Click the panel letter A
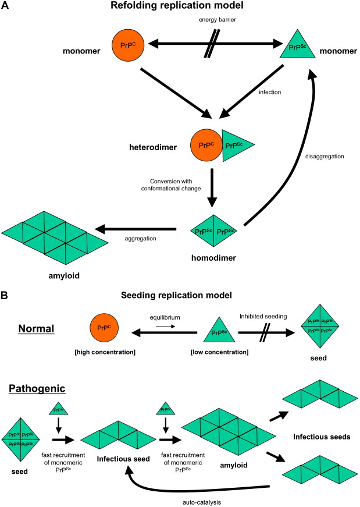(x=5, y=6)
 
